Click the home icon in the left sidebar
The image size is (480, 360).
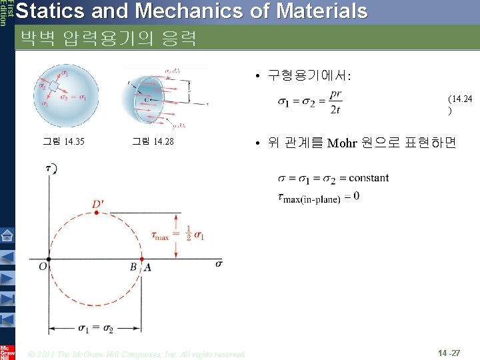click(x=7, y=235)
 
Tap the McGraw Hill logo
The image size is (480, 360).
click(x=7, y=352)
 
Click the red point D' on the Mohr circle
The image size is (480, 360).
click(x=96, y=212)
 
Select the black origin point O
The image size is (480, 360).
click(x=49, y=259)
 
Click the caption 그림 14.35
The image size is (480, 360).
click(x=63, y=141)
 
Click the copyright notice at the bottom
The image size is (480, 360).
click(x=137, y=353)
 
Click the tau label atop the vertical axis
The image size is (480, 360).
click(x=49, y=169)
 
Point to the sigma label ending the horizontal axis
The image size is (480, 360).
click(x=219, y=263)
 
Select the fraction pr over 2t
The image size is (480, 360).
click(x=337, y=101)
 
